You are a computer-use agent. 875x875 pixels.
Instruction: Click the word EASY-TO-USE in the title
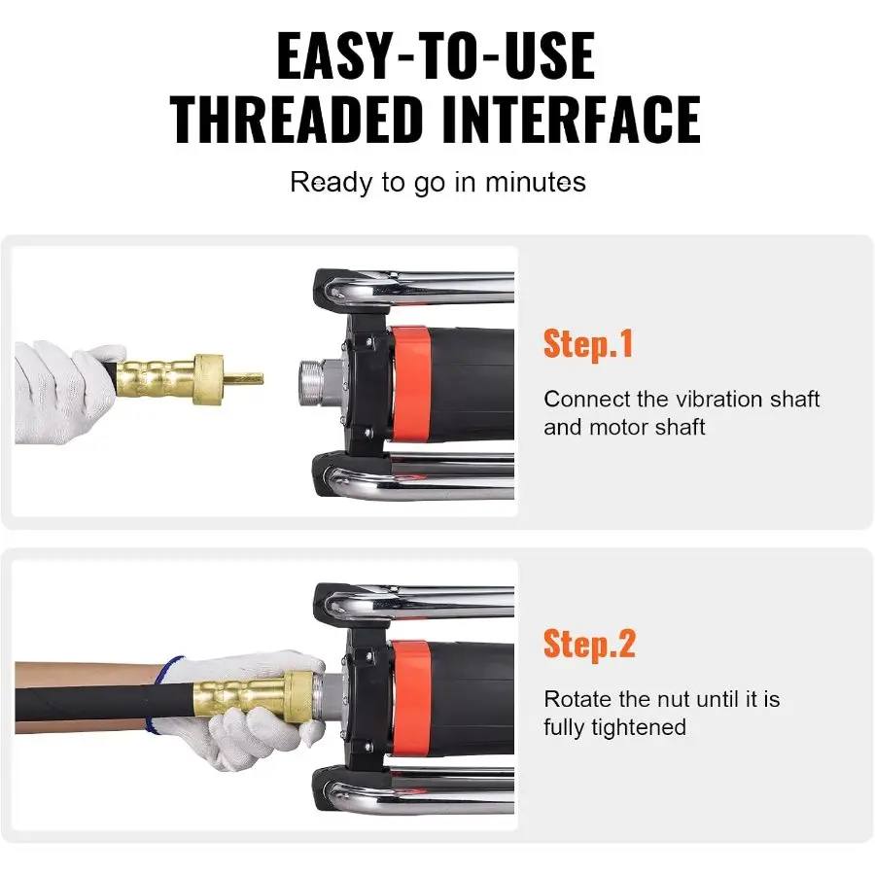click(436, 55)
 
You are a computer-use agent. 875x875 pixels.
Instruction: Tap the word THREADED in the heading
click(297, 120)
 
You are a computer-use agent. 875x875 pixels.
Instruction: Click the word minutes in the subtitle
click(535, 182)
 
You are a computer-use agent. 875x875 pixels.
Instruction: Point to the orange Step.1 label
click(588, 344)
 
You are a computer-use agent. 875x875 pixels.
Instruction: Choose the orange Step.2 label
click(589, 646)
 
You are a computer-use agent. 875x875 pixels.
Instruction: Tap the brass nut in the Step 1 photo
click(209, 379)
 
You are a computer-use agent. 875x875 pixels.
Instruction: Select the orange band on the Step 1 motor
click(410, 384)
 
